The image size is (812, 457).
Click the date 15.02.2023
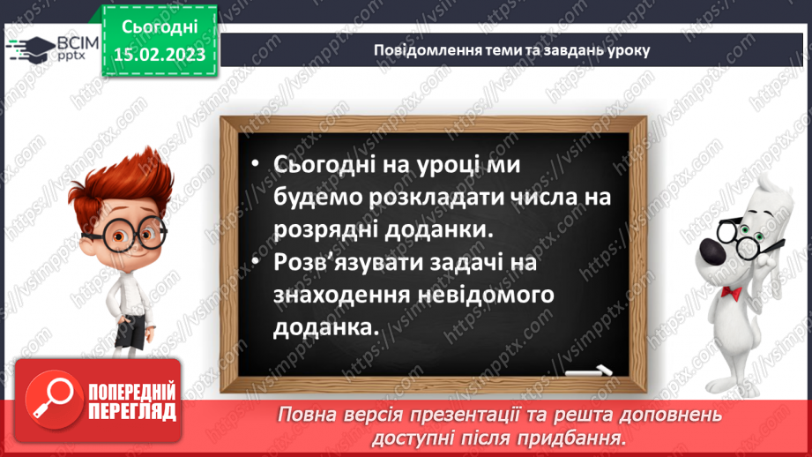coord(160,56)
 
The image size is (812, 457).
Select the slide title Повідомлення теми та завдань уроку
coord(511,50)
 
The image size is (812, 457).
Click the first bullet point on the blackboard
coord(255,165)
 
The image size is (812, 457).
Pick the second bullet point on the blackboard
coord(255,262)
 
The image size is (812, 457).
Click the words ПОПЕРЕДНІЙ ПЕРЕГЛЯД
coord(130,401)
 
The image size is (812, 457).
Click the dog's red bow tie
coord(731,292)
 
